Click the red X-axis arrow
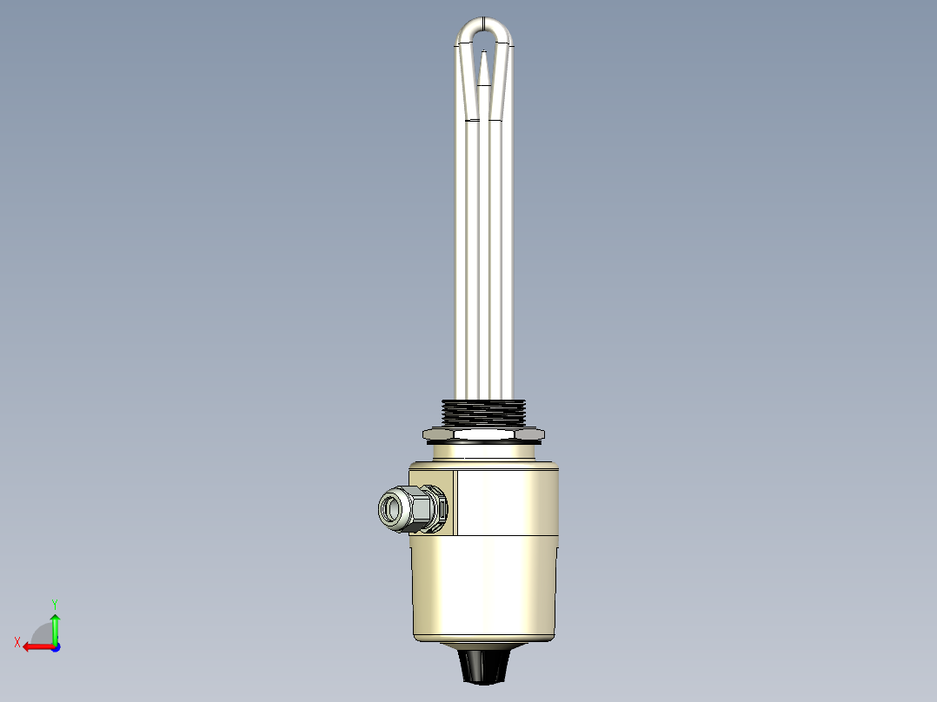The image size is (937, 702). [x=35, y=646]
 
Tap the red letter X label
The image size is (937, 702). [x=17, y=642]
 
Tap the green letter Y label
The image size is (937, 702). [x=55, y=603]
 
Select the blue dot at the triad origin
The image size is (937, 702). [x=55, y=647]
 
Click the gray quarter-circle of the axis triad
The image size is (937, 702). [x=43, y=633]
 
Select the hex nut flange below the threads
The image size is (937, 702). [x=482, y=433]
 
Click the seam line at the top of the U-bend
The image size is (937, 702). [x=483, y=19]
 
